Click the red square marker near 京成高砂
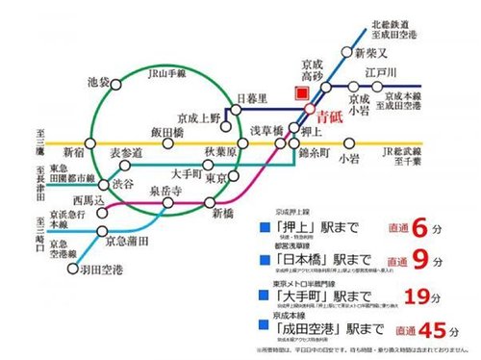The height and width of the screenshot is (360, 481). [x=302, y=93]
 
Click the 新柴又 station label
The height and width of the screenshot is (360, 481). [x=369, y=50]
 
